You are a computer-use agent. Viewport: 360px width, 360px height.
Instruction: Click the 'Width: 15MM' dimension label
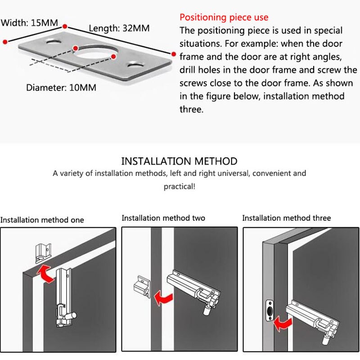tap(29, 23)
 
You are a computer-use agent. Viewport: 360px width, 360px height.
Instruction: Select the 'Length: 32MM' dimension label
tap(119, 28)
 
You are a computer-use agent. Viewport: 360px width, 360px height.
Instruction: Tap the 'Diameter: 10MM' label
tap(61, 87)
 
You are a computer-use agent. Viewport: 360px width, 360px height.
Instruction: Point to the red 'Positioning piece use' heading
tap(224, 18)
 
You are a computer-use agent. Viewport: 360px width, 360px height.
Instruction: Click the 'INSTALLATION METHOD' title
tap(179, 161)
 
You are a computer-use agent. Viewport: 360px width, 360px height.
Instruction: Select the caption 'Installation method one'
tap(42, 220)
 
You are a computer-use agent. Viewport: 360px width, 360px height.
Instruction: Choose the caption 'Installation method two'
tap(163, 218)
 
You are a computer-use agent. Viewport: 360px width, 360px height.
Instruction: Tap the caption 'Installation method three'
tap(286, 218)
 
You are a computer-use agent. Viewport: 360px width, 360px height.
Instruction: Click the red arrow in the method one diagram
tap(45, 274)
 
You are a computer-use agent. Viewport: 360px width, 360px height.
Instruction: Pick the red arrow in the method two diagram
tap(163, 298)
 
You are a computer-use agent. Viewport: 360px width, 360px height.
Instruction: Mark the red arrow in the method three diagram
tap(283, 324)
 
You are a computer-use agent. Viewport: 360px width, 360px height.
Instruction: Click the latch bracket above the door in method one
tap(43, 253)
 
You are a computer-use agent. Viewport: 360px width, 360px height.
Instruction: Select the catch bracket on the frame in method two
tap(142, 287)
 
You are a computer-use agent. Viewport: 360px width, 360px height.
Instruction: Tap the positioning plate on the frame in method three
tap(270, 310)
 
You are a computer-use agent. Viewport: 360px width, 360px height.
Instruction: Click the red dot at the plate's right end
tap(174, 54)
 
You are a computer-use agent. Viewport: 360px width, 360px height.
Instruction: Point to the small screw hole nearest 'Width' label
tap(54, 42)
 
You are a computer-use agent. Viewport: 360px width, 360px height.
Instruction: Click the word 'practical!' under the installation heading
tap(179, 186)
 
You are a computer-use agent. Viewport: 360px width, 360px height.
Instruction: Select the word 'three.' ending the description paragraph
tap(192, 109)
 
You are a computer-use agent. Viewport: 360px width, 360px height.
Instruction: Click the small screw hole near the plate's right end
tap(136, 64)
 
